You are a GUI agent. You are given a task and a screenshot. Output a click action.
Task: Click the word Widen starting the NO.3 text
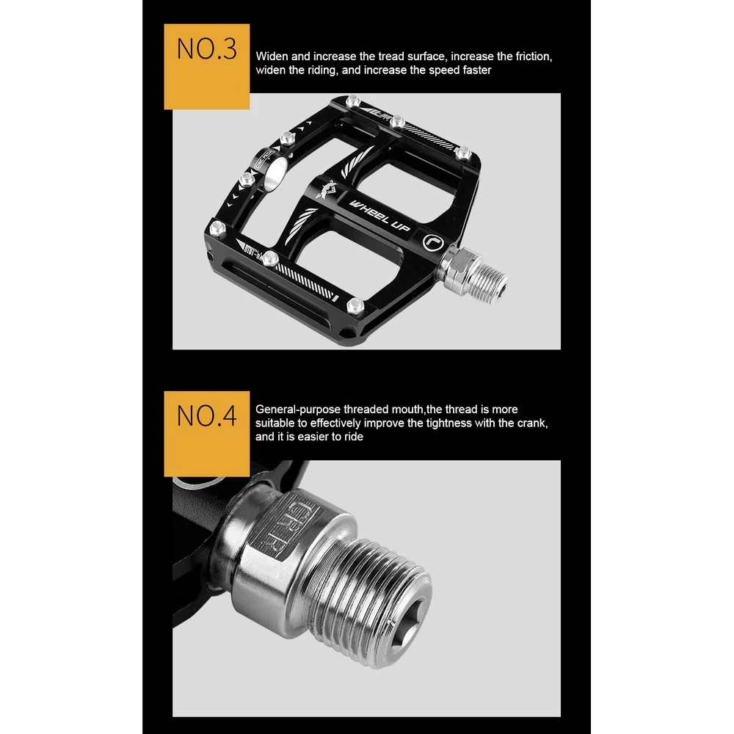point(272,56)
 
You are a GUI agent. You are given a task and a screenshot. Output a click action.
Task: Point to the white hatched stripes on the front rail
point(308,281)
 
